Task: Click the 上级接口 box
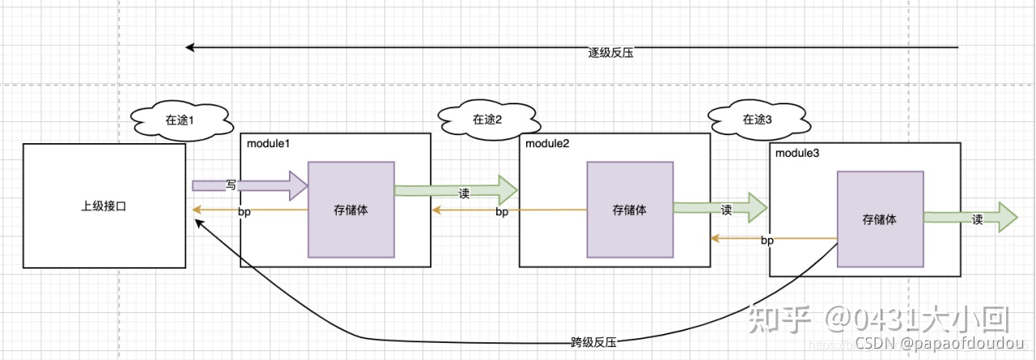pyautogui.click(x=104, y=206)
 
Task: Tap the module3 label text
pyautogui.click(x=797, y=154)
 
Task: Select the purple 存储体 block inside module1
pyautogui.click(x=351, y=210)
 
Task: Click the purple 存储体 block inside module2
pyautogui.click(x=630, y=210)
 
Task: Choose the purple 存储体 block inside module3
pyautogui.click(x=880, y=219)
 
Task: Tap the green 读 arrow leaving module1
pyautogui.click(x=456, y=191)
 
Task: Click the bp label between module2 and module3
pyautogui.click(x=768, y=240)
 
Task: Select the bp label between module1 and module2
pyautogui.click(x=502, y=212)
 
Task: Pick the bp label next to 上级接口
pyautogui.click(x=245, y=212)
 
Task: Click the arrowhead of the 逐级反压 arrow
pyautogui.click(x=190, y=47)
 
